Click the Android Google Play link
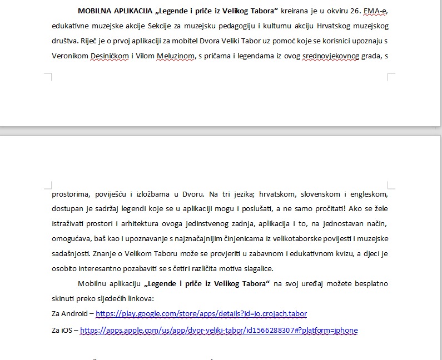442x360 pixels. [201, 314]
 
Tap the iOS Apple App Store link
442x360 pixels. [218, 331]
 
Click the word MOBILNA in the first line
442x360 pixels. [95, 11]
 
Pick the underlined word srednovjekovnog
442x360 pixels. [330, 56]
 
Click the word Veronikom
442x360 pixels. [69, 56]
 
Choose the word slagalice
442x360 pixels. [257, 269]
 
